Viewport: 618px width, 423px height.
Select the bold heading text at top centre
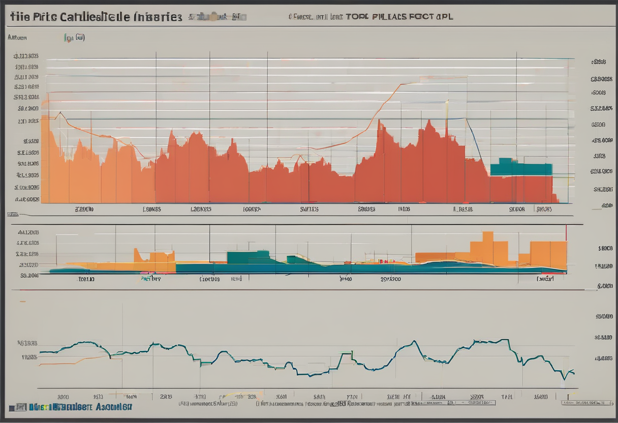pos(398,17)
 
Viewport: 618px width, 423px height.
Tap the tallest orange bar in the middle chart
pos(487,248)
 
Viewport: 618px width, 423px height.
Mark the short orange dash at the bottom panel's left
pos(23,301)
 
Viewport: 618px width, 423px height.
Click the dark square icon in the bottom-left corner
pos(20,407)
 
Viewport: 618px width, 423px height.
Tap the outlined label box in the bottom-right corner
pos(585,402)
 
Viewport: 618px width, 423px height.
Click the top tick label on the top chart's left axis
pos(27,56)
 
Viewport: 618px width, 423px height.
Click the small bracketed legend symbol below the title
pos(74,38)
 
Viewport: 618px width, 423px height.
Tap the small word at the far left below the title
pos(17,38)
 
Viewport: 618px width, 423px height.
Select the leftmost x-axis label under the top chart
pos(84,209)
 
